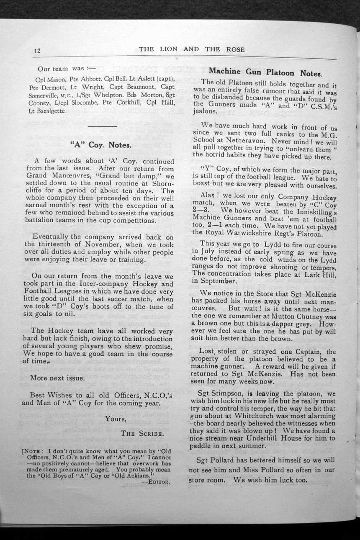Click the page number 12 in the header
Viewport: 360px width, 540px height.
(36, 51)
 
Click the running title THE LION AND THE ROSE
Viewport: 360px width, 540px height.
(192, 49)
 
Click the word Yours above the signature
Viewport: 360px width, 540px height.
(116, 419)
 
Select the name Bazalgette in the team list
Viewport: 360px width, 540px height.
(53, 111)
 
